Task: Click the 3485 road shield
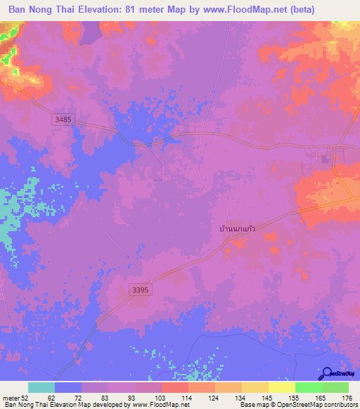[x=63, y=120]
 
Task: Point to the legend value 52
[x=25, y=398]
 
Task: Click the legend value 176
[x=346, y=398]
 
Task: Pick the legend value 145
[x=266, y=398]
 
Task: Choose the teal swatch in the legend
[x=41, y=387]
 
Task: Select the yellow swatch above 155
[x=282, y=387]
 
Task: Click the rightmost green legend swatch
[x=335, y=387]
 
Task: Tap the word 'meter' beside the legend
[x=10, y=398]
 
